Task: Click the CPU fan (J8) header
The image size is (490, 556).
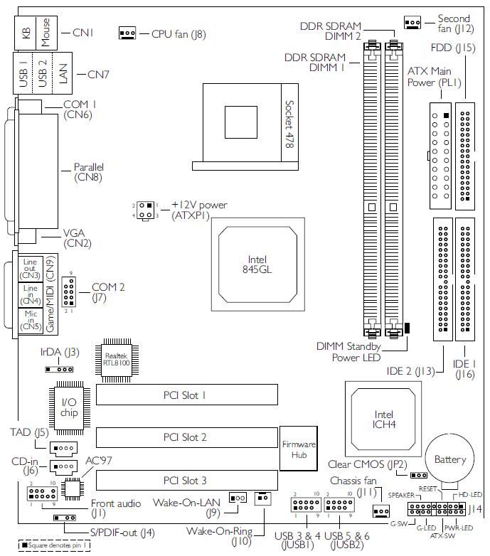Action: (x=127, y=33)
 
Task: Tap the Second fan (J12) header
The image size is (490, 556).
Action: (x=412, y=23)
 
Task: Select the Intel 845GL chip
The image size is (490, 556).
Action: (x=257, y=264)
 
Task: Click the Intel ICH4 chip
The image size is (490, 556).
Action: (x=383, y=419)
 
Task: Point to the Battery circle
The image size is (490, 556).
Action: (x=449, y=459)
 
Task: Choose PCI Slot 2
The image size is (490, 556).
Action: (x=187, y=437)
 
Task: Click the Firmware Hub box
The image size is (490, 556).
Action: (x=299, y=449)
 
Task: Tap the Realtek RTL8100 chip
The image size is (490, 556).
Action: (x=117, y=360)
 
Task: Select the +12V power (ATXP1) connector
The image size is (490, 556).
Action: (x=146, y=210)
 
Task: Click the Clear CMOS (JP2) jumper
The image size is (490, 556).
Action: (x=419, y=475)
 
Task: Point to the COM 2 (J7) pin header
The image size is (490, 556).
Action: (x=69, y=292)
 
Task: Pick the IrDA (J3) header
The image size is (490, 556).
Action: (x=59, y=370)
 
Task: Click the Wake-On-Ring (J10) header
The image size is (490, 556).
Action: (x=262, y=498)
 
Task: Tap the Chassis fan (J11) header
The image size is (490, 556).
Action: (x=381, y=511)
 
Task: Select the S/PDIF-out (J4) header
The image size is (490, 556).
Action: (x=64, y=518)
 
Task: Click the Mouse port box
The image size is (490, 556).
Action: (x=46, y=33)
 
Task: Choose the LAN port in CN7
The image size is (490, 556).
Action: (x=63, y=73)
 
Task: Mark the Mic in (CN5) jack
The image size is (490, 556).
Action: (x=31, y=320)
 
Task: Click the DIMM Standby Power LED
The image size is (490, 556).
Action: (x=407, y=328)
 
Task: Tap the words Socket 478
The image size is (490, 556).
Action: (x=289, y=124)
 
